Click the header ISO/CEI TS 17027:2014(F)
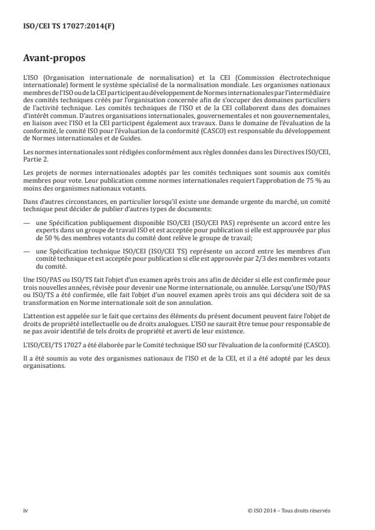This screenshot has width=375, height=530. [x=59, y=27]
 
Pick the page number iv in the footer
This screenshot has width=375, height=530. [x=26, y=510]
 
